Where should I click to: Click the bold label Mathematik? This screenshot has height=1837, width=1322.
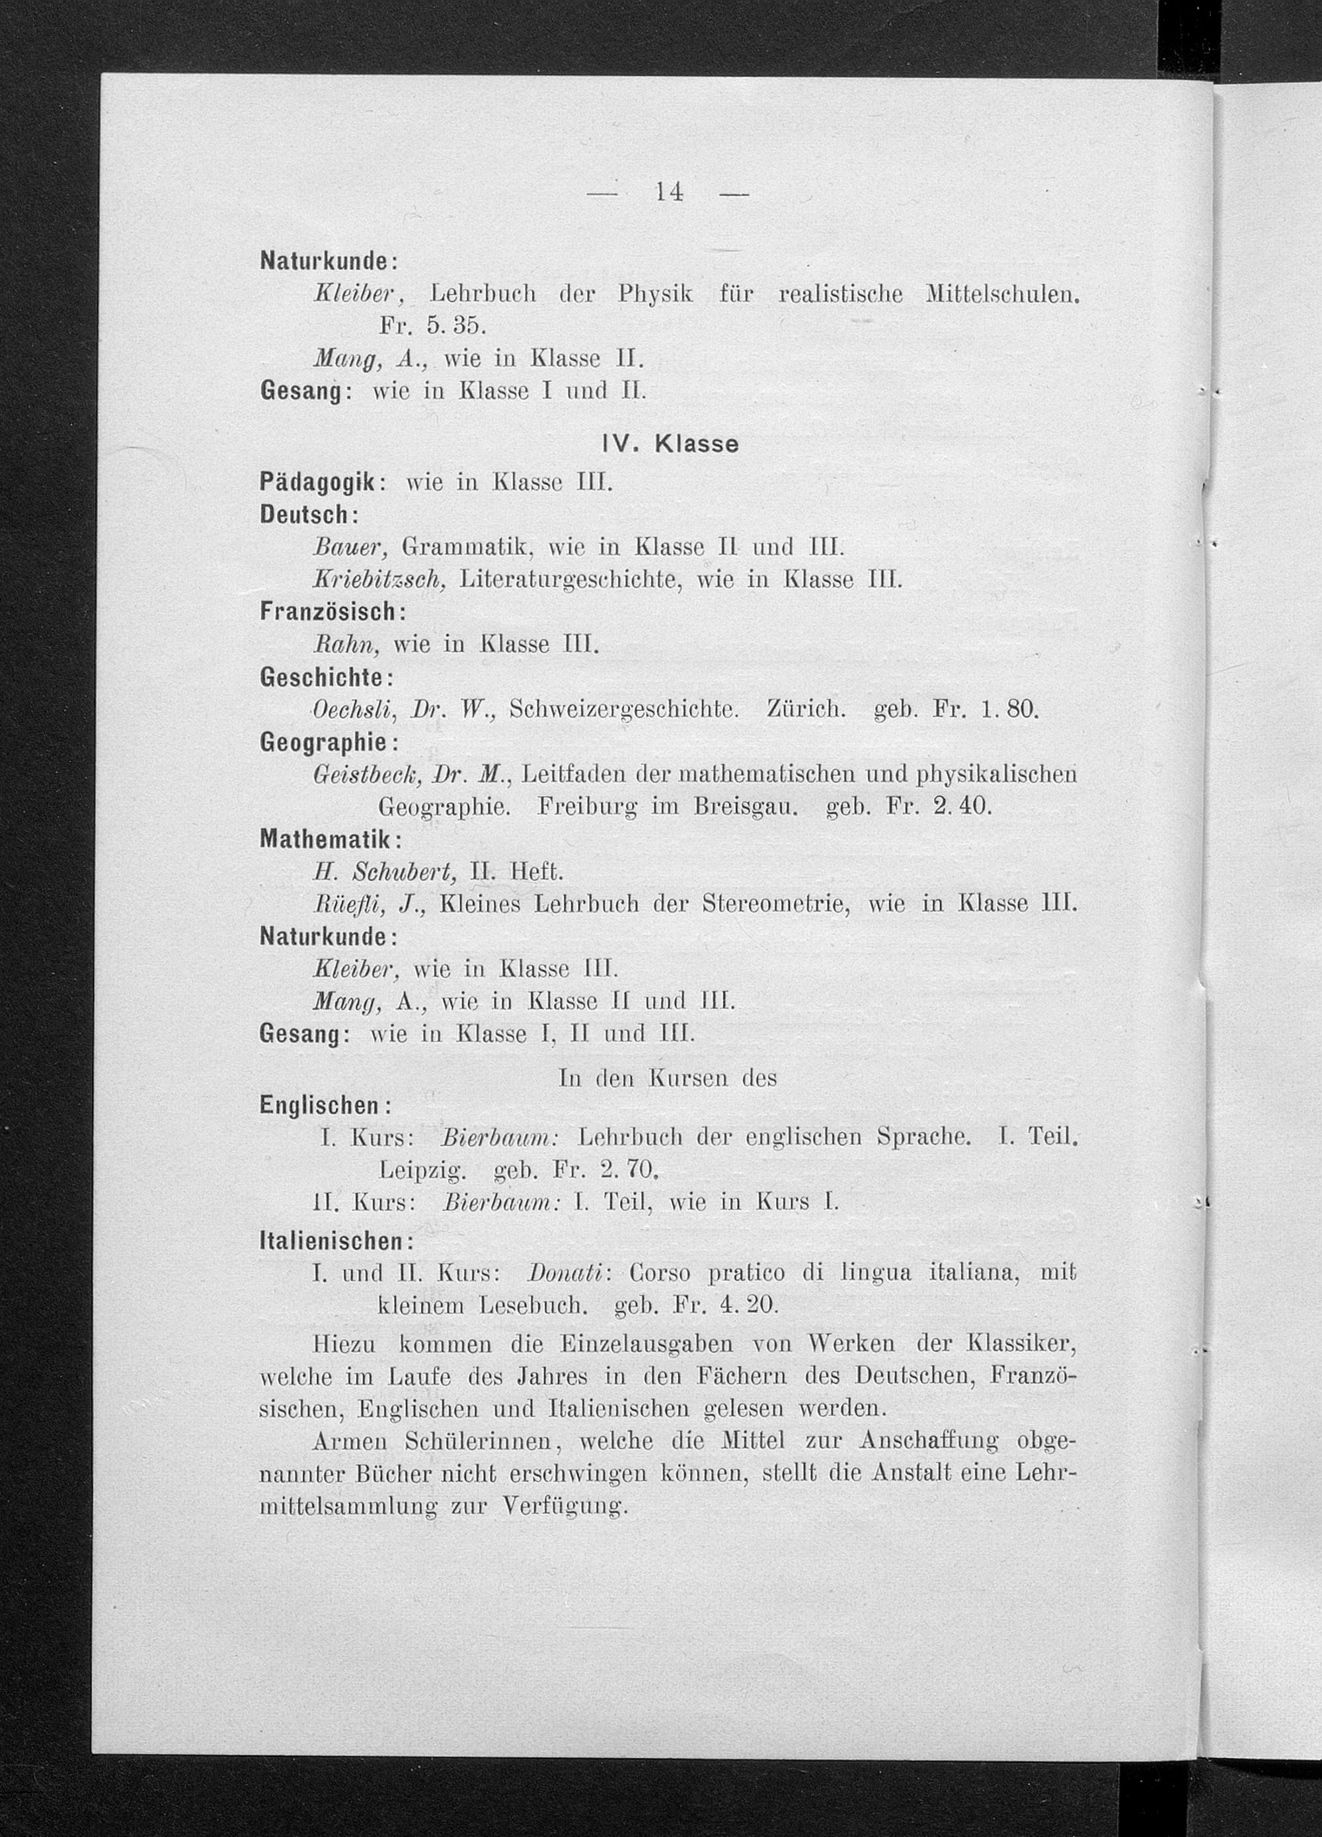pos(325,838)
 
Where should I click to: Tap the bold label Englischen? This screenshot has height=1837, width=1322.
pos(321,1105)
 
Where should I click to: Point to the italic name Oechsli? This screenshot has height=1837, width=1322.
pos(353,710)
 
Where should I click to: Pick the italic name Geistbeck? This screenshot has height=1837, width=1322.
pos(367,774)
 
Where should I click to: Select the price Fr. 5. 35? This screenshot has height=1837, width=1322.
pos(432,325)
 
